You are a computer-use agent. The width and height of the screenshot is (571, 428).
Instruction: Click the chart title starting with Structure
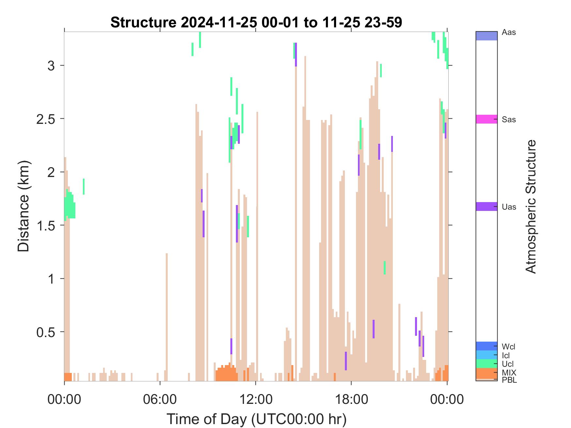pyautogui.click(x=256, y=22)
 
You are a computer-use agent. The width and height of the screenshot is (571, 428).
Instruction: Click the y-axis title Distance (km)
pyautogui.click(x=23, y=206)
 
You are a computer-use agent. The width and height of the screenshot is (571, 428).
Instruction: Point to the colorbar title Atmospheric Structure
pyautogui.click(x=531, y=206)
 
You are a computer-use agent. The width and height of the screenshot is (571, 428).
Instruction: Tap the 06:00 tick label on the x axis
pyautogui.click(x=160, y=399)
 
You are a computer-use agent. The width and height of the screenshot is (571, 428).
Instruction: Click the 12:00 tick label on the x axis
pyautogui.click(x=255, y=399)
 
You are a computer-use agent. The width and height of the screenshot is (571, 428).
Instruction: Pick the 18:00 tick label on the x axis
pyautogui.click(x=351, y=399)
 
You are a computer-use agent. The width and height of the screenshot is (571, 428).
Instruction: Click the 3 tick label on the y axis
pyautogui.click(x=51, y=66)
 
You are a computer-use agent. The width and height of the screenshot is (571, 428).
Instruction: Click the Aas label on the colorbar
pyautogui.click(x=509, y=33)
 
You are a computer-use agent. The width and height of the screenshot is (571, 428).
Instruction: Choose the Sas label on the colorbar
pyautogui.click(x=509, y=120)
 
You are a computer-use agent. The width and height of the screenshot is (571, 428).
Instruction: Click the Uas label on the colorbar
pyautogui.click(x=509, y=207)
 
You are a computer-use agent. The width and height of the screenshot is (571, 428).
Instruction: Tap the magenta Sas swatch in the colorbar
pyautogui.click(x=486, y=119)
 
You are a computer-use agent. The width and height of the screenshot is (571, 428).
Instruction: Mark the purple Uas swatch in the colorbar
pyautogui.click(x=486, y=206)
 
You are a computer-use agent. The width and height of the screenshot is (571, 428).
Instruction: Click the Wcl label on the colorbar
pyautogui.click(x=508, y=347)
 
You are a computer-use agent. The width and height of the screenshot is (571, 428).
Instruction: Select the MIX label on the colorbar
pyautogui.click(x=509, y=373)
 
